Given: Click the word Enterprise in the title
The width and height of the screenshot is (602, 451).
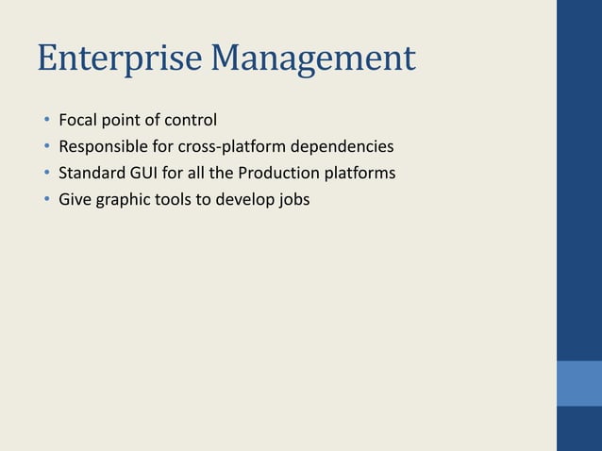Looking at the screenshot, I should coord(120,59).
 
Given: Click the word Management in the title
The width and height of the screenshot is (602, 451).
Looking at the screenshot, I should coord(313,59).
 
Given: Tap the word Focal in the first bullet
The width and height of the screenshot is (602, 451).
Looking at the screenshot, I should coord(78,120).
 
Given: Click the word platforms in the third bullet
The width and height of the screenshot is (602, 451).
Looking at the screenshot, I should coord(359,174).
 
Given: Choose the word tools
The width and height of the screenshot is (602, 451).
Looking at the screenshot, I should coord(172,200).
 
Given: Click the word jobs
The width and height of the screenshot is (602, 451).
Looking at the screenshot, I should coord(291,200).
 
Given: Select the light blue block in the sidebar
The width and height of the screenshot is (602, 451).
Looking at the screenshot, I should coord(578,383).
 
